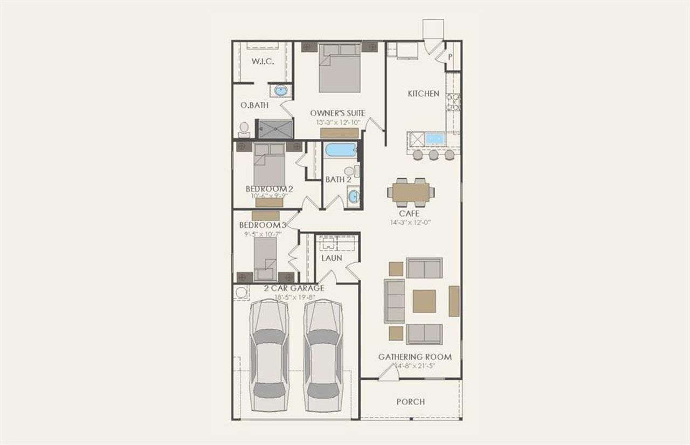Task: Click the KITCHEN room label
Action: tap(423, 94)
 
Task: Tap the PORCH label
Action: tap(410, 401)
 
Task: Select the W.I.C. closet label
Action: tap(263, 61)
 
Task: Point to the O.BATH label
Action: tap(254, 106)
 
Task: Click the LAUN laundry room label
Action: tap(332, 258)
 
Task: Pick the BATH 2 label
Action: tap(339, 179)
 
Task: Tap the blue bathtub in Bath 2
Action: tap(341, 150)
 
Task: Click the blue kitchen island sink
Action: tap(434, 139)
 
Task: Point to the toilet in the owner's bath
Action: tap(244, 129)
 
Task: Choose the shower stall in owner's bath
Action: tap(275, 129)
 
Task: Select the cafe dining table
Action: tap(411, 192)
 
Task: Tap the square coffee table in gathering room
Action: tap(424, 301)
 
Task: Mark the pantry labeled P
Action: tap(450, 57)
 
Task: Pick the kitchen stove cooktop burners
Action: tap(454, 102)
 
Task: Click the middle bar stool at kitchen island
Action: tap(433, 155)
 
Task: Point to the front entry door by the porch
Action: tap(388, 373)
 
